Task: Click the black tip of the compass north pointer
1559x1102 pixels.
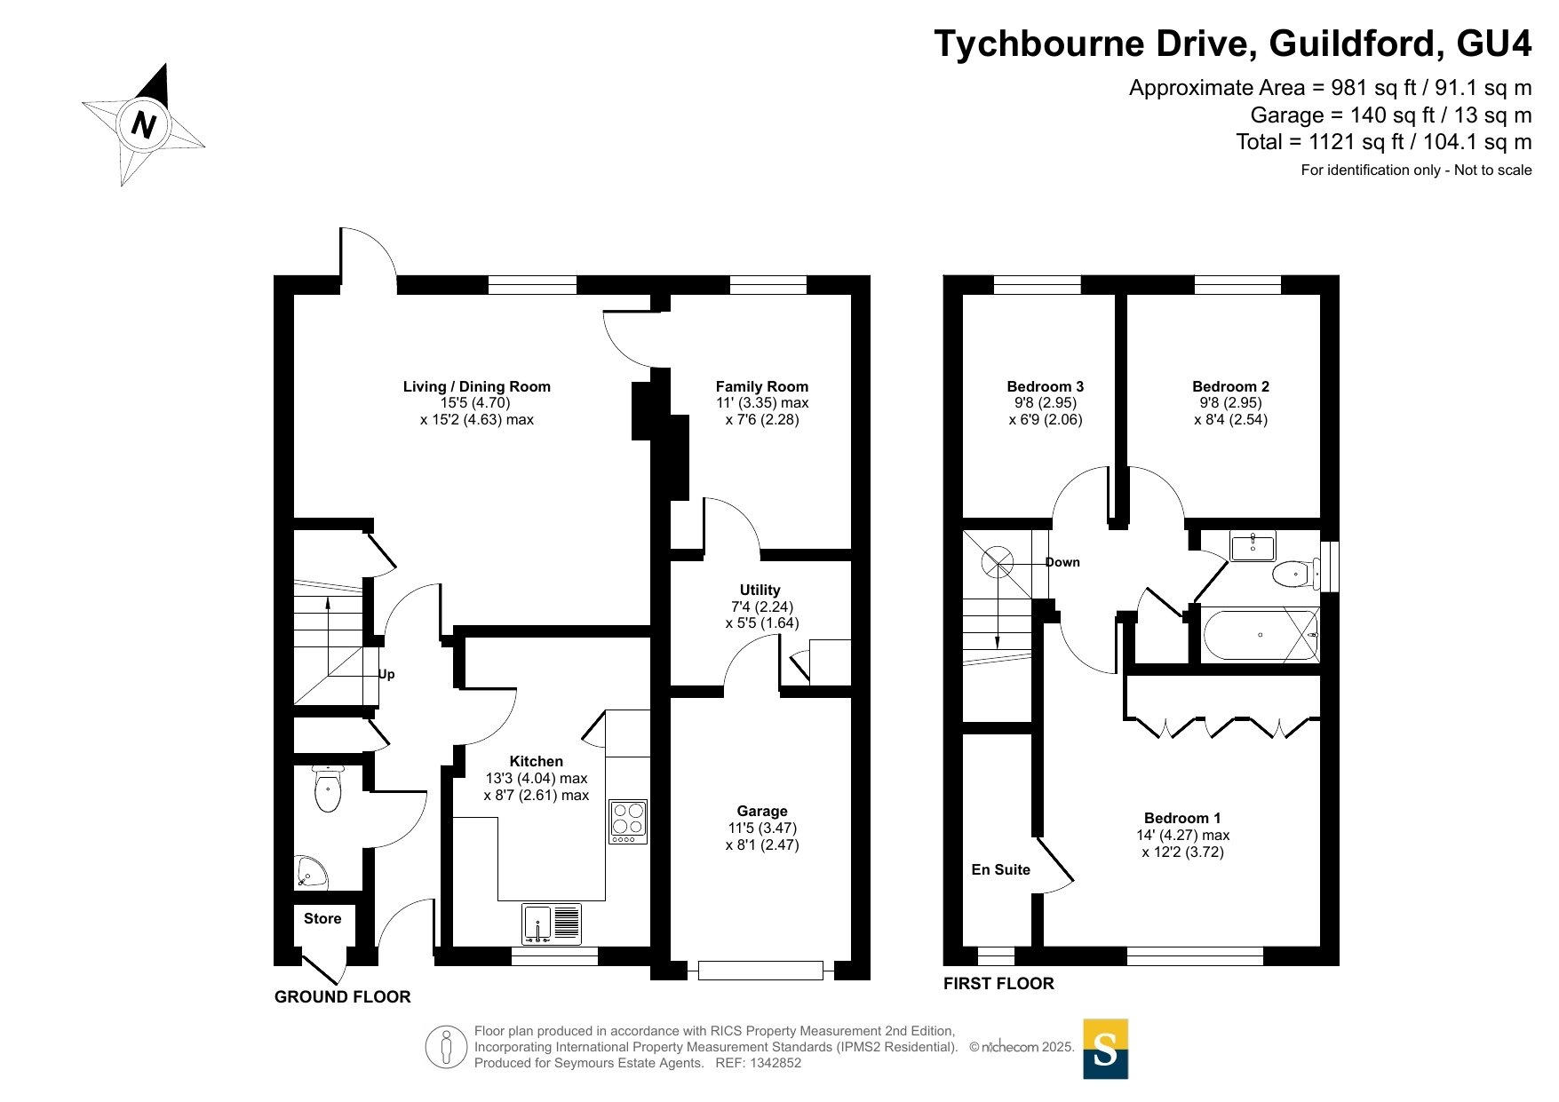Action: pos(164,63)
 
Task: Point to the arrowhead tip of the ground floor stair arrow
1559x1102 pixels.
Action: pos(328,599)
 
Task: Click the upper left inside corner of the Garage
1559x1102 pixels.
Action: pos(671,698)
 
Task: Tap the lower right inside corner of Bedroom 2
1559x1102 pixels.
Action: pos(1320,518)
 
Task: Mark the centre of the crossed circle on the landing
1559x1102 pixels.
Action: pos(997,561)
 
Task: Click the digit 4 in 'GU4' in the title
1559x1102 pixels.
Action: pos(1518,44)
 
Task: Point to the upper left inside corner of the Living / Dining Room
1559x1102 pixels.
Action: pos(294,295)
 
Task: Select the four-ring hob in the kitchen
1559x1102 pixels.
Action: pos(628,821)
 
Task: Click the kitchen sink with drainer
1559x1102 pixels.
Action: pos(552,924)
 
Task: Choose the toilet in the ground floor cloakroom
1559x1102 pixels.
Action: pos(328,789)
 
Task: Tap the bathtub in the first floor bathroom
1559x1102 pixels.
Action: pos(1261,635)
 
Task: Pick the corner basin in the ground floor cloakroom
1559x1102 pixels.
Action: pos(310,874)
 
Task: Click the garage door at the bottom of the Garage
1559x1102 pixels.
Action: pos(760,971)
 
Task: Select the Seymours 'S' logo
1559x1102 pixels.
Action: pos(1105,1049)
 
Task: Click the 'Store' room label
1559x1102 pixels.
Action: pos(322,918)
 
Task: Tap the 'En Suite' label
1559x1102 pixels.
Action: pos(1000,869)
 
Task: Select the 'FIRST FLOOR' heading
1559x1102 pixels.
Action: pos(998,983)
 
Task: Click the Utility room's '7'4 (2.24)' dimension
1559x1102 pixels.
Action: pos(762,606)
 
